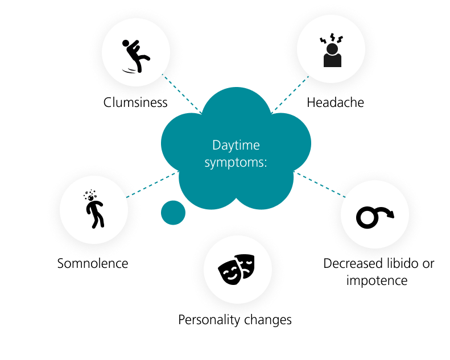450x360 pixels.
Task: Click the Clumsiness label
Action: coord(135,102)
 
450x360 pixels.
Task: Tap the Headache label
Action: coord(335,102)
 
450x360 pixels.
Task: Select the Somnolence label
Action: coord(93,263)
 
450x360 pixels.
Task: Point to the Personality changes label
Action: coord(235,320)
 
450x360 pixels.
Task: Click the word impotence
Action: coord(377,280)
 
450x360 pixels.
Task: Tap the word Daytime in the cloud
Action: coord(236,146)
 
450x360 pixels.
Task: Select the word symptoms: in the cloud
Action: coord(236,162)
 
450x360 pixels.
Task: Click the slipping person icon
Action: coord(136,56)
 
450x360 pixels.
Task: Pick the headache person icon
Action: coord(332,50)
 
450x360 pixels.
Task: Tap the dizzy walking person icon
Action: coord(93,209)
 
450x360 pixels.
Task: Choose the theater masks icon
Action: coord(236,270)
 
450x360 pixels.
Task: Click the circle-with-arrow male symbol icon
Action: coord(375,217)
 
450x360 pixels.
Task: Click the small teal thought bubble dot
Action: coord(173,213)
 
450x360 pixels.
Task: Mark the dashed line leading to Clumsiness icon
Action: coord(181,93)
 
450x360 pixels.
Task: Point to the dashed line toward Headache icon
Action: coord(290,94)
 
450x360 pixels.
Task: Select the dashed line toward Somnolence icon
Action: coord(152,184)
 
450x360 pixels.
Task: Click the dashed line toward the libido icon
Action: coord(320,184)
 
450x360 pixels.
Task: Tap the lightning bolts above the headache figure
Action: coord(332,38)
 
